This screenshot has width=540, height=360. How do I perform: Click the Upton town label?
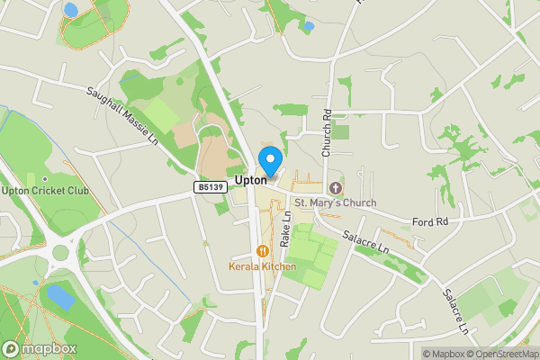coord(249,180)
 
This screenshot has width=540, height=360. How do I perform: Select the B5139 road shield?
coord(208,186)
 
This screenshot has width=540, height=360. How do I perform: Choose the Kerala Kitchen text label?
coord(263,267)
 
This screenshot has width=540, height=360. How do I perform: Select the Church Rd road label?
coord(328,132)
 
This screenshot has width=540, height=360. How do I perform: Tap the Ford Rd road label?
coord(429,221)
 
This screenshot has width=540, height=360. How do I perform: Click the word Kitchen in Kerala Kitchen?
coord(279,267)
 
